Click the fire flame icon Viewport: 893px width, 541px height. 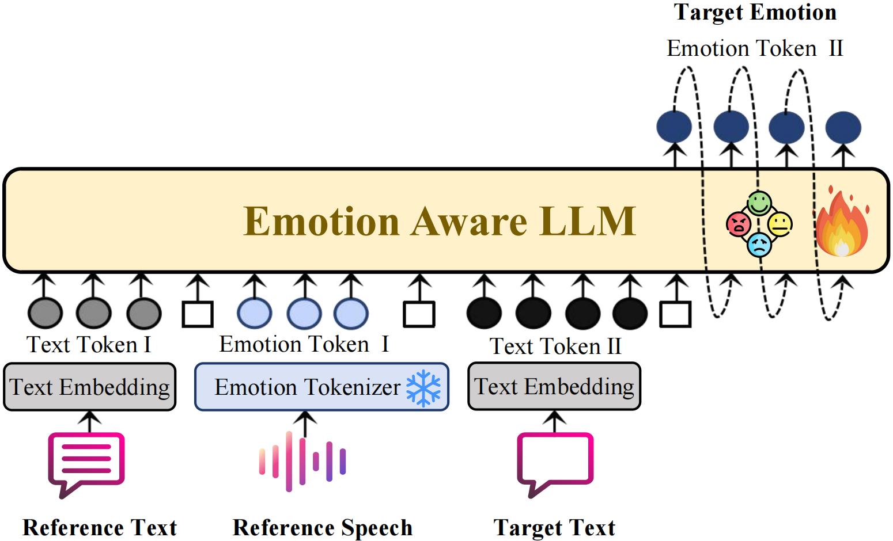point(842,222)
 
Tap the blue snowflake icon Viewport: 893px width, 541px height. point(423,387)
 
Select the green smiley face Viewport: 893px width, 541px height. point(759,203)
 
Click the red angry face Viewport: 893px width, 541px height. point(739,224)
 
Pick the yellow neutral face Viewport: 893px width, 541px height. point(780,224)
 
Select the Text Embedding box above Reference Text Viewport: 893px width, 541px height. point(89,387)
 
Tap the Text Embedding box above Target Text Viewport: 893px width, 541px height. point(554,387)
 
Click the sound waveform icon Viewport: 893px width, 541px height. point(302,461)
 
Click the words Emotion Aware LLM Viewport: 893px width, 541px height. point(440,222)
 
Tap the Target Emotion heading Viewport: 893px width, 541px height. point(755,13)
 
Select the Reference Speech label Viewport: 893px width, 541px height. point(322,528)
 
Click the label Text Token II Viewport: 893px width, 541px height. point(555,346)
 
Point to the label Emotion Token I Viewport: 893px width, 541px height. point(304,344)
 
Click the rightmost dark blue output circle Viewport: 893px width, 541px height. point(843,127)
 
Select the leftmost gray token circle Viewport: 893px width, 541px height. point(45,313)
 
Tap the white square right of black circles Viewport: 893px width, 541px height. point(675,314)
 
